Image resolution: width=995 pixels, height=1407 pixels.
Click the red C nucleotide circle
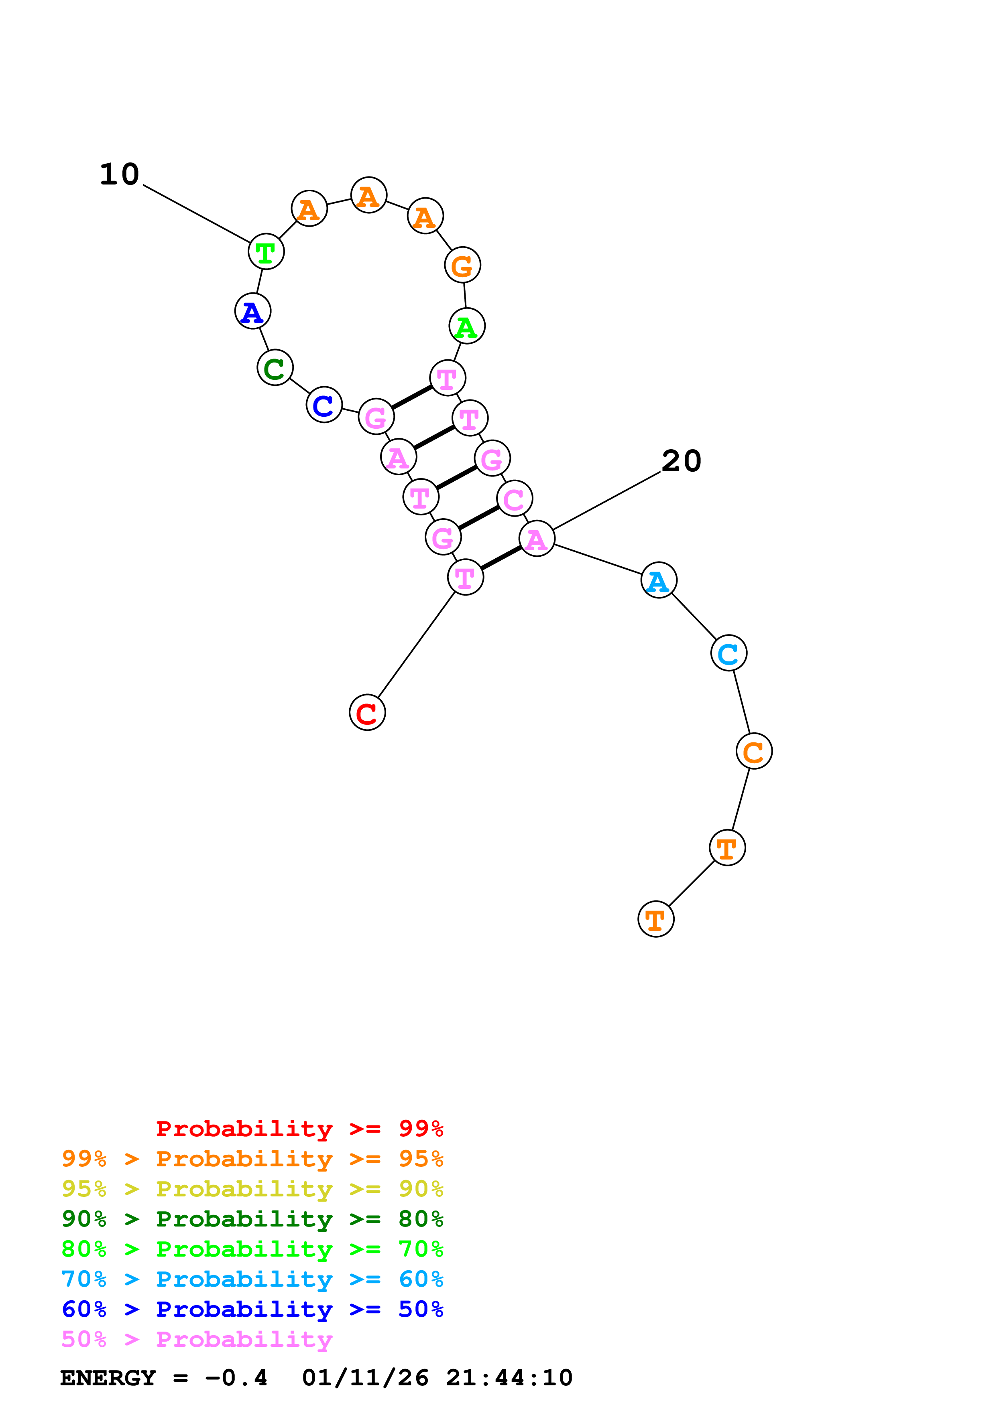[367, 713]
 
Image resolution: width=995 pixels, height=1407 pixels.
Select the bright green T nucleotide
[266, 252]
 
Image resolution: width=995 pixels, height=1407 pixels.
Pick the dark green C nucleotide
[275, 368]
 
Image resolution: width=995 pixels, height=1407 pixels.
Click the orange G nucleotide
[462, 266]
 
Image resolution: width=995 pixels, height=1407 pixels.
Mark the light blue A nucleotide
[658, 580]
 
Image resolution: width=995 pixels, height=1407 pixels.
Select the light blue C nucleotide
[728, 653]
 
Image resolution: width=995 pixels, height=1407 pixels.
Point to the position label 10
[120, 174]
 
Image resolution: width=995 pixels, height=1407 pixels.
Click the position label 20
[681, 461]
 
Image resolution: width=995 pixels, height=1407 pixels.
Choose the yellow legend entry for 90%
[252, 1189]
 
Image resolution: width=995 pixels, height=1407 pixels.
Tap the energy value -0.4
[236, 1378]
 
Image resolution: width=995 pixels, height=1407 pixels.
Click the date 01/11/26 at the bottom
[365, 1378]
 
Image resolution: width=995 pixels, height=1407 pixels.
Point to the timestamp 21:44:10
[509, 1378]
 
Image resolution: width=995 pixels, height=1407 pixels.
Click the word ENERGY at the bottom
[108, 1378]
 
